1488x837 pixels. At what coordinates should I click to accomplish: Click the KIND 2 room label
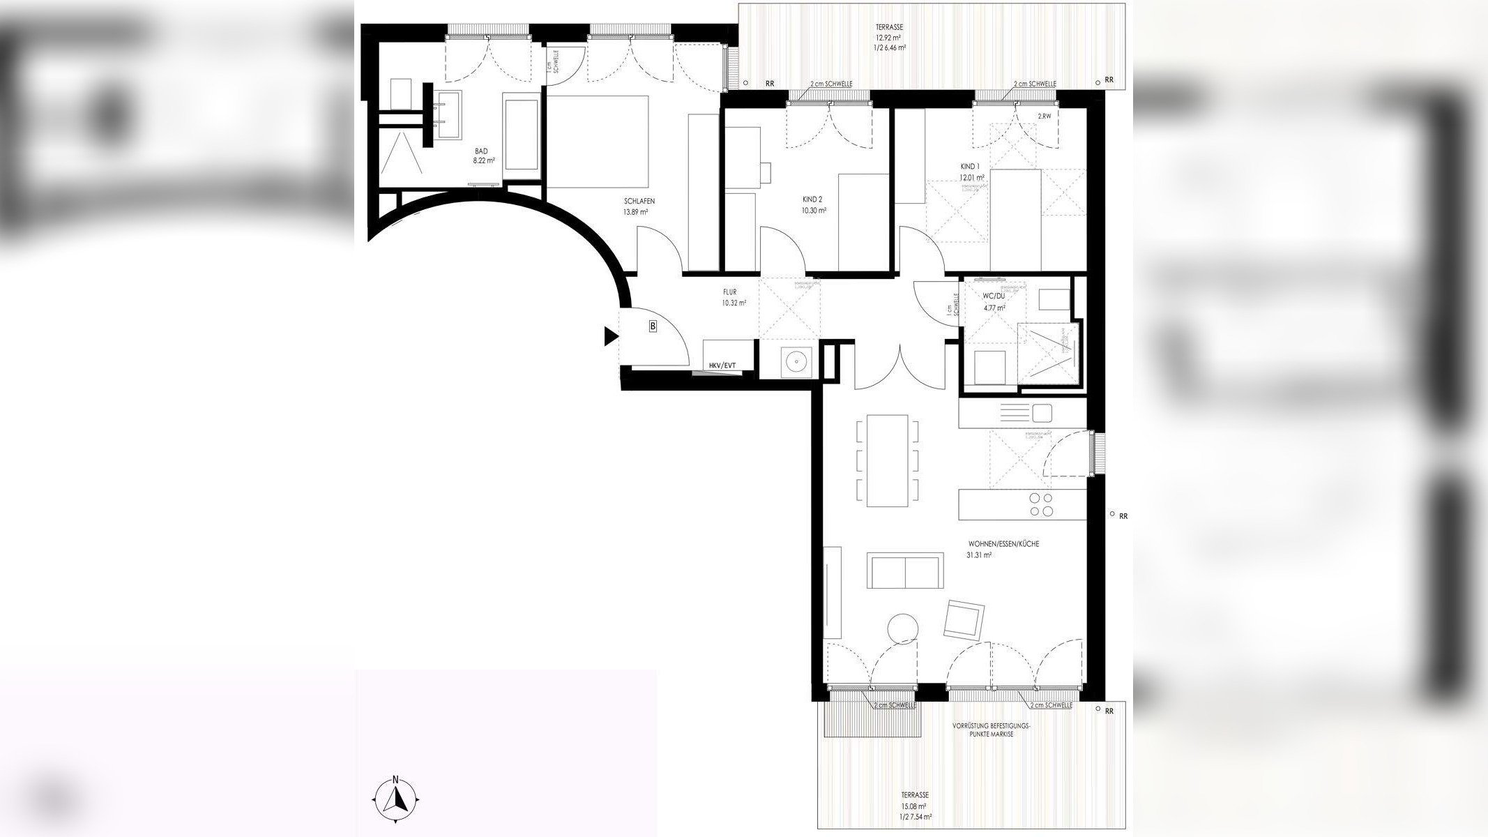click(x=814, y=204)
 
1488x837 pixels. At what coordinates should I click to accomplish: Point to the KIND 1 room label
click(x=971, y=172)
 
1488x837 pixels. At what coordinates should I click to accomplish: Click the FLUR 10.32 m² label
click(x=734, y=298)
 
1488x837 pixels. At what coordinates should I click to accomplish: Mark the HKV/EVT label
click(x=722, y=365)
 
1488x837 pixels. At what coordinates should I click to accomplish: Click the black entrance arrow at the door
click(x=611, y=338)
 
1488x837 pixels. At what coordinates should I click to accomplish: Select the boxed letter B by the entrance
click(x=653, y=326)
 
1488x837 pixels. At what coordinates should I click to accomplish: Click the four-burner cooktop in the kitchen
click(x=1041, y=504)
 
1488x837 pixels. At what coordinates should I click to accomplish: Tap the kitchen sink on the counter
click(x=1042, y=413)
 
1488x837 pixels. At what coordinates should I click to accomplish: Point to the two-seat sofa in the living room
click(x=905, y=571)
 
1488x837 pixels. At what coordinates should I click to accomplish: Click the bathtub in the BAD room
click(x=522, y=133)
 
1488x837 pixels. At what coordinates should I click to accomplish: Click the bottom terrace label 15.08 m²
click(x=913, y=800)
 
